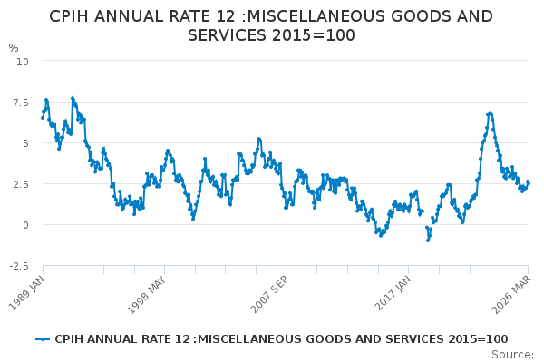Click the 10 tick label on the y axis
[x=23, y=61]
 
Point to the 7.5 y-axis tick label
[x=21, y=102]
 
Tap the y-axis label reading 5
[x=25, y=142]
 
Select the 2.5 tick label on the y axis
[x=21, y=183]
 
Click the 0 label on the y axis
[x=25, y=224]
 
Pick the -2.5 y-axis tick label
[x=19, y=265]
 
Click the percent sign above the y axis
[x=13, y=48]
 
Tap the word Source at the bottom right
[x=512, y=354]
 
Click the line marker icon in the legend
[x=43, y=338]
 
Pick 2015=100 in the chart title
[x=317, y=35]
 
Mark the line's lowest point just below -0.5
[x=428, y=240]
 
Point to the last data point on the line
[x=528, y=182]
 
